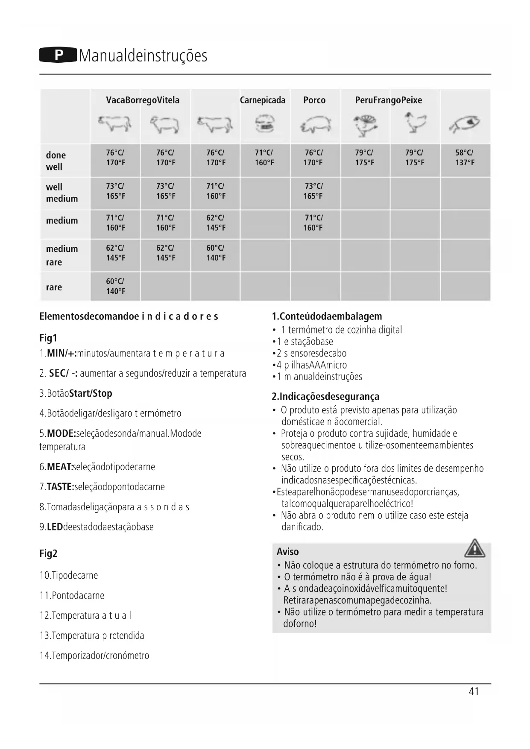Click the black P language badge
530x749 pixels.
point(59,56)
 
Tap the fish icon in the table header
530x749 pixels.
point(465,123)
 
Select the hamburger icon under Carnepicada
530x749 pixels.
point(265,124)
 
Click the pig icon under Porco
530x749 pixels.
point(315,124)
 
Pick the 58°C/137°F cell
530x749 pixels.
point(465,158)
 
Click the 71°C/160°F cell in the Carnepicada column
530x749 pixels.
point(264,158)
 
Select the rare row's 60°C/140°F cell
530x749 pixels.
point(115,286)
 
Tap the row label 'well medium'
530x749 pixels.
point(61,193)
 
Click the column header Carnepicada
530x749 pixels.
point(262,100)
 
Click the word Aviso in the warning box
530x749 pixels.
point(287,552)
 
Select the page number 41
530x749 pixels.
point(474,691)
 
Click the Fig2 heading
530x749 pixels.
point(48,553)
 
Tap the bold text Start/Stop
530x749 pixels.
point(91,393)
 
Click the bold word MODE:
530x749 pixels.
point(61,433)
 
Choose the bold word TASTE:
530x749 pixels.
point(60,487)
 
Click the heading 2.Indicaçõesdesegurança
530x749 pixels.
point(325,397)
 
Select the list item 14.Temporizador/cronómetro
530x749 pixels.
point(94,655)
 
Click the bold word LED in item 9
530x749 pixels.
point(55,527)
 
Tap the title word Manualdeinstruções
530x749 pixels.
point(143,56)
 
